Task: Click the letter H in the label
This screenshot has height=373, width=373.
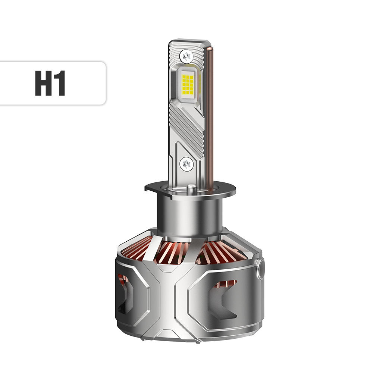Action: click(x=44, y=83)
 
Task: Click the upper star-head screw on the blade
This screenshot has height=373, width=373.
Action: click(x=186, y=56)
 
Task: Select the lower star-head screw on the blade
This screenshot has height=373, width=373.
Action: click(x=186, y=163)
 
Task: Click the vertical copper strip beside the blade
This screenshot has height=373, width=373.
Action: click(x=210, y=112)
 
